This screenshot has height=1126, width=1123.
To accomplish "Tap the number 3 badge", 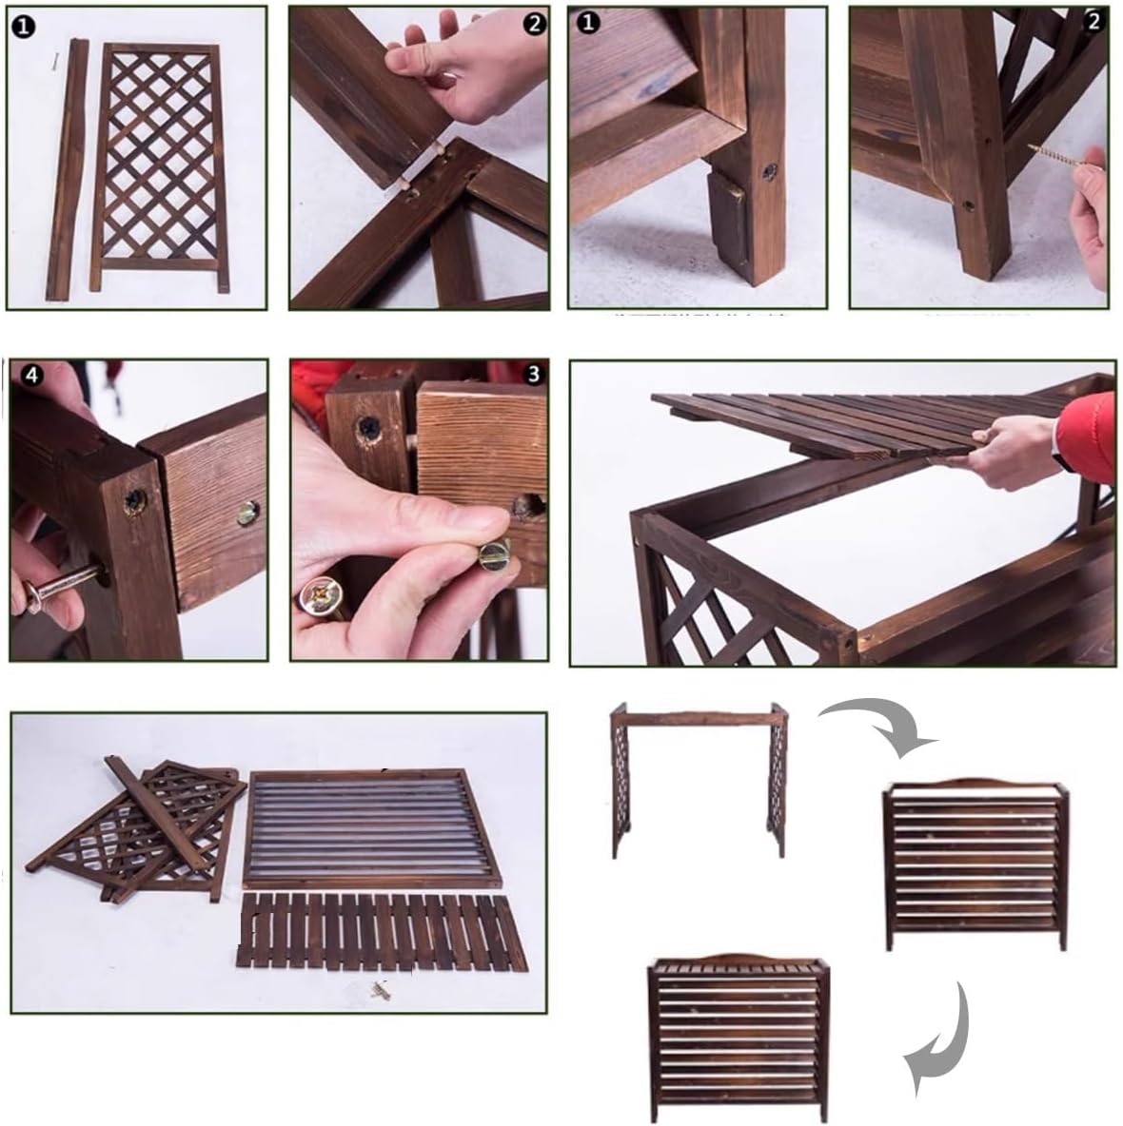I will [532, 375].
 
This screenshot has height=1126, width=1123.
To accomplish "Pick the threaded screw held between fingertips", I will [1059, 159].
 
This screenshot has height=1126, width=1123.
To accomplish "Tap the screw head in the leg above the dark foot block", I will [767, 172].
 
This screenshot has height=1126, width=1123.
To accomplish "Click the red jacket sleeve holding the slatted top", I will [1088, 438].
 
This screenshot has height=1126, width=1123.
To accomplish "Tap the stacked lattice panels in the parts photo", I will [143, 827].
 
